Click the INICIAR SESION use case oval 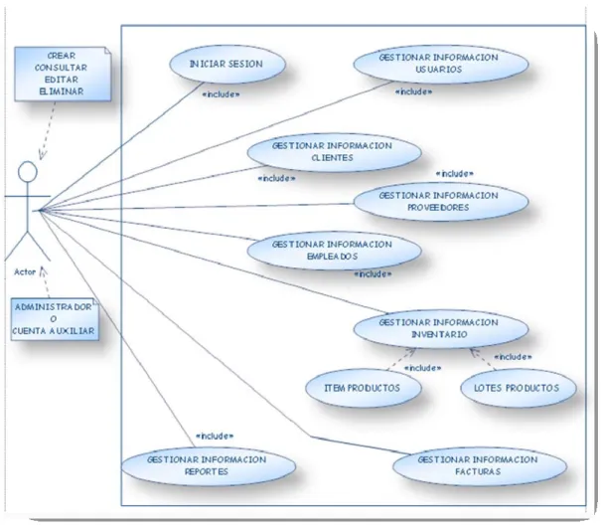227,64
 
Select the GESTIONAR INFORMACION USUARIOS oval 441,64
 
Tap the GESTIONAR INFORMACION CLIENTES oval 334,152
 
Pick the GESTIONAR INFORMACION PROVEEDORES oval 441,202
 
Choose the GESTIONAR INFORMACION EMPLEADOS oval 334,251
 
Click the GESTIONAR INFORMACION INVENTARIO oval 441,329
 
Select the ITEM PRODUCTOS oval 364,388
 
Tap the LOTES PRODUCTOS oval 519,388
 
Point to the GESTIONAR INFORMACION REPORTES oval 209,466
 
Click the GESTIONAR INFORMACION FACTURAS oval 480,466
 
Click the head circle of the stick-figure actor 28,171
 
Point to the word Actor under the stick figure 25,271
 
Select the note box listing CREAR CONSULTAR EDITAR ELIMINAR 63,74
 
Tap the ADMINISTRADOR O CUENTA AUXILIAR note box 55,319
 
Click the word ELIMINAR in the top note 62,91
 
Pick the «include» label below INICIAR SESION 221,94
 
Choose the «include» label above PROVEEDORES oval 455,174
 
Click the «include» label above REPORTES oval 215,437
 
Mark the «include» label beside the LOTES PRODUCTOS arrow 513,357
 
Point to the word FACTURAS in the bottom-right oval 478,471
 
